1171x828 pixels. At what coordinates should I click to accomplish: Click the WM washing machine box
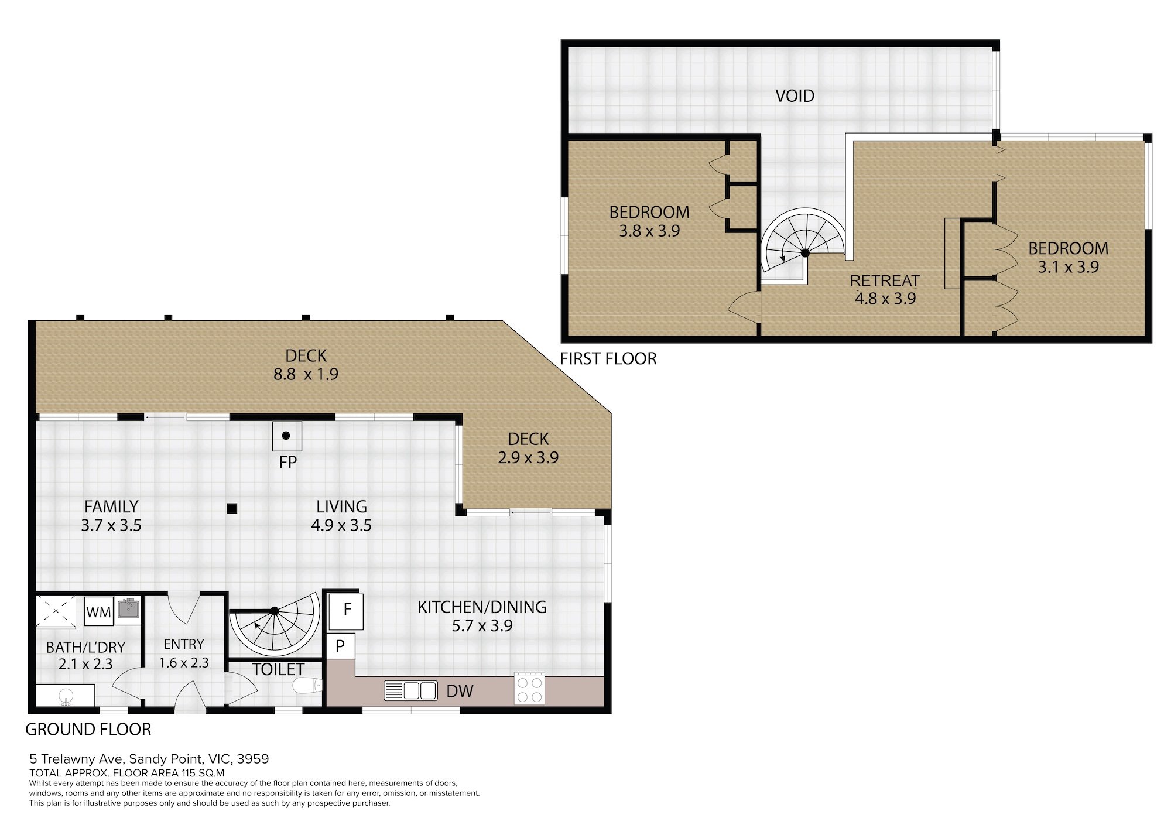[98, 611]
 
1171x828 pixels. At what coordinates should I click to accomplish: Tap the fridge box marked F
[346, 611]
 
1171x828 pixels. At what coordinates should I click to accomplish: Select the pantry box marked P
[340, 646]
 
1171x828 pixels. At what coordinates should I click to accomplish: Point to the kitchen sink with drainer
[410, 691]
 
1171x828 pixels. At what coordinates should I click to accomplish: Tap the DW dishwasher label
[460, 691]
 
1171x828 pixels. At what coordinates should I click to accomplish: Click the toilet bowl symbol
[307, 685]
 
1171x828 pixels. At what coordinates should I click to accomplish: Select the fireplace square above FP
[287, 436]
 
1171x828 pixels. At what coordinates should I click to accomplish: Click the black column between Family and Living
[232, 508]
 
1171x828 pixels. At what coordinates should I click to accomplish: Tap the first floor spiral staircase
[803, 246]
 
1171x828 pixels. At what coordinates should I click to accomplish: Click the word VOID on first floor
[795, 96]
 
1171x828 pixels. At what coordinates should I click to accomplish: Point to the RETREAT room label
[885, 280]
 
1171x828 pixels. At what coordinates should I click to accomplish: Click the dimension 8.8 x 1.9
[306, 374]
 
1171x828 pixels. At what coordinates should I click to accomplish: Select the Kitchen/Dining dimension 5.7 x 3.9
[482, 626]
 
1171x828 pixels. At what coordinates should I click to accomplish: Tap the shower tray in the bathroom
[56, 611]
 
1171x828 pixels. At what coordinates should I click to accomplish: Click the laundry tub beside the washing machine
[128, 609]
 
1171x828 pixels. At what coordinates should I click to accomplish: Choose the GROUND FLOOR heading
[88, 730]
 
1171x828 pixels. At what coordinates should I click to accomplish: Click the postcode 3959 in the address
[253, 759]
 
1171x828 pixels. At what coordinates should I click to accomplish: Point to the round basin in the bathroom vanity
[66, 696]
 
